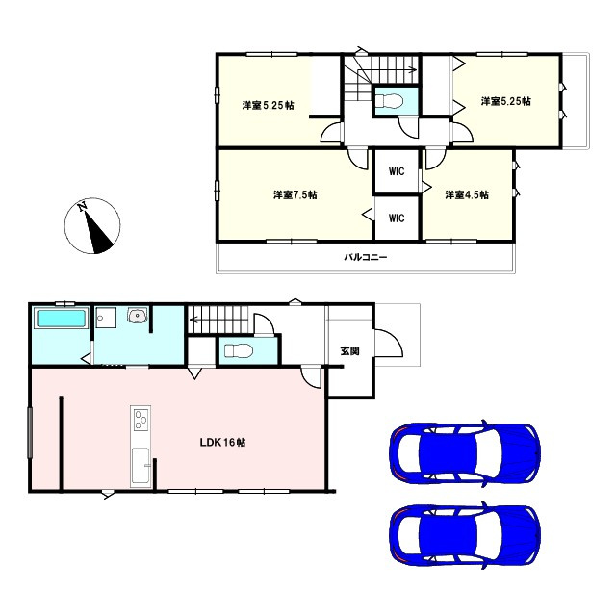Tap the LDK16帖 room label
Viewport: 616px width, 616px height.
click(x=222, y=443)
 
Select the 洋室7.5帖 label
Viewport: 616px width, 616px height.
click(x=295, y=194)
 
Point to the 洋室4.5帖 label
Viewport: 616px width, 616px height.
click(x=466, y=194)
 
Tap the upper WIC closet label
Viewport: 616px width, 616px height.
click(x=396, y=171)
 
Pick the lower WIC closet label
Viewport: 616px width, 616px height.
click(x=396, y=218)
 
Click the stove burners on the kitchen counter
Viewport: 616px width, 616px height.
click(x=141, y=421)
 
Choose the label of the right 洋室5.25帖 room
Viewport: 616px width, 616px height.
click(x=505, y=100)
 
